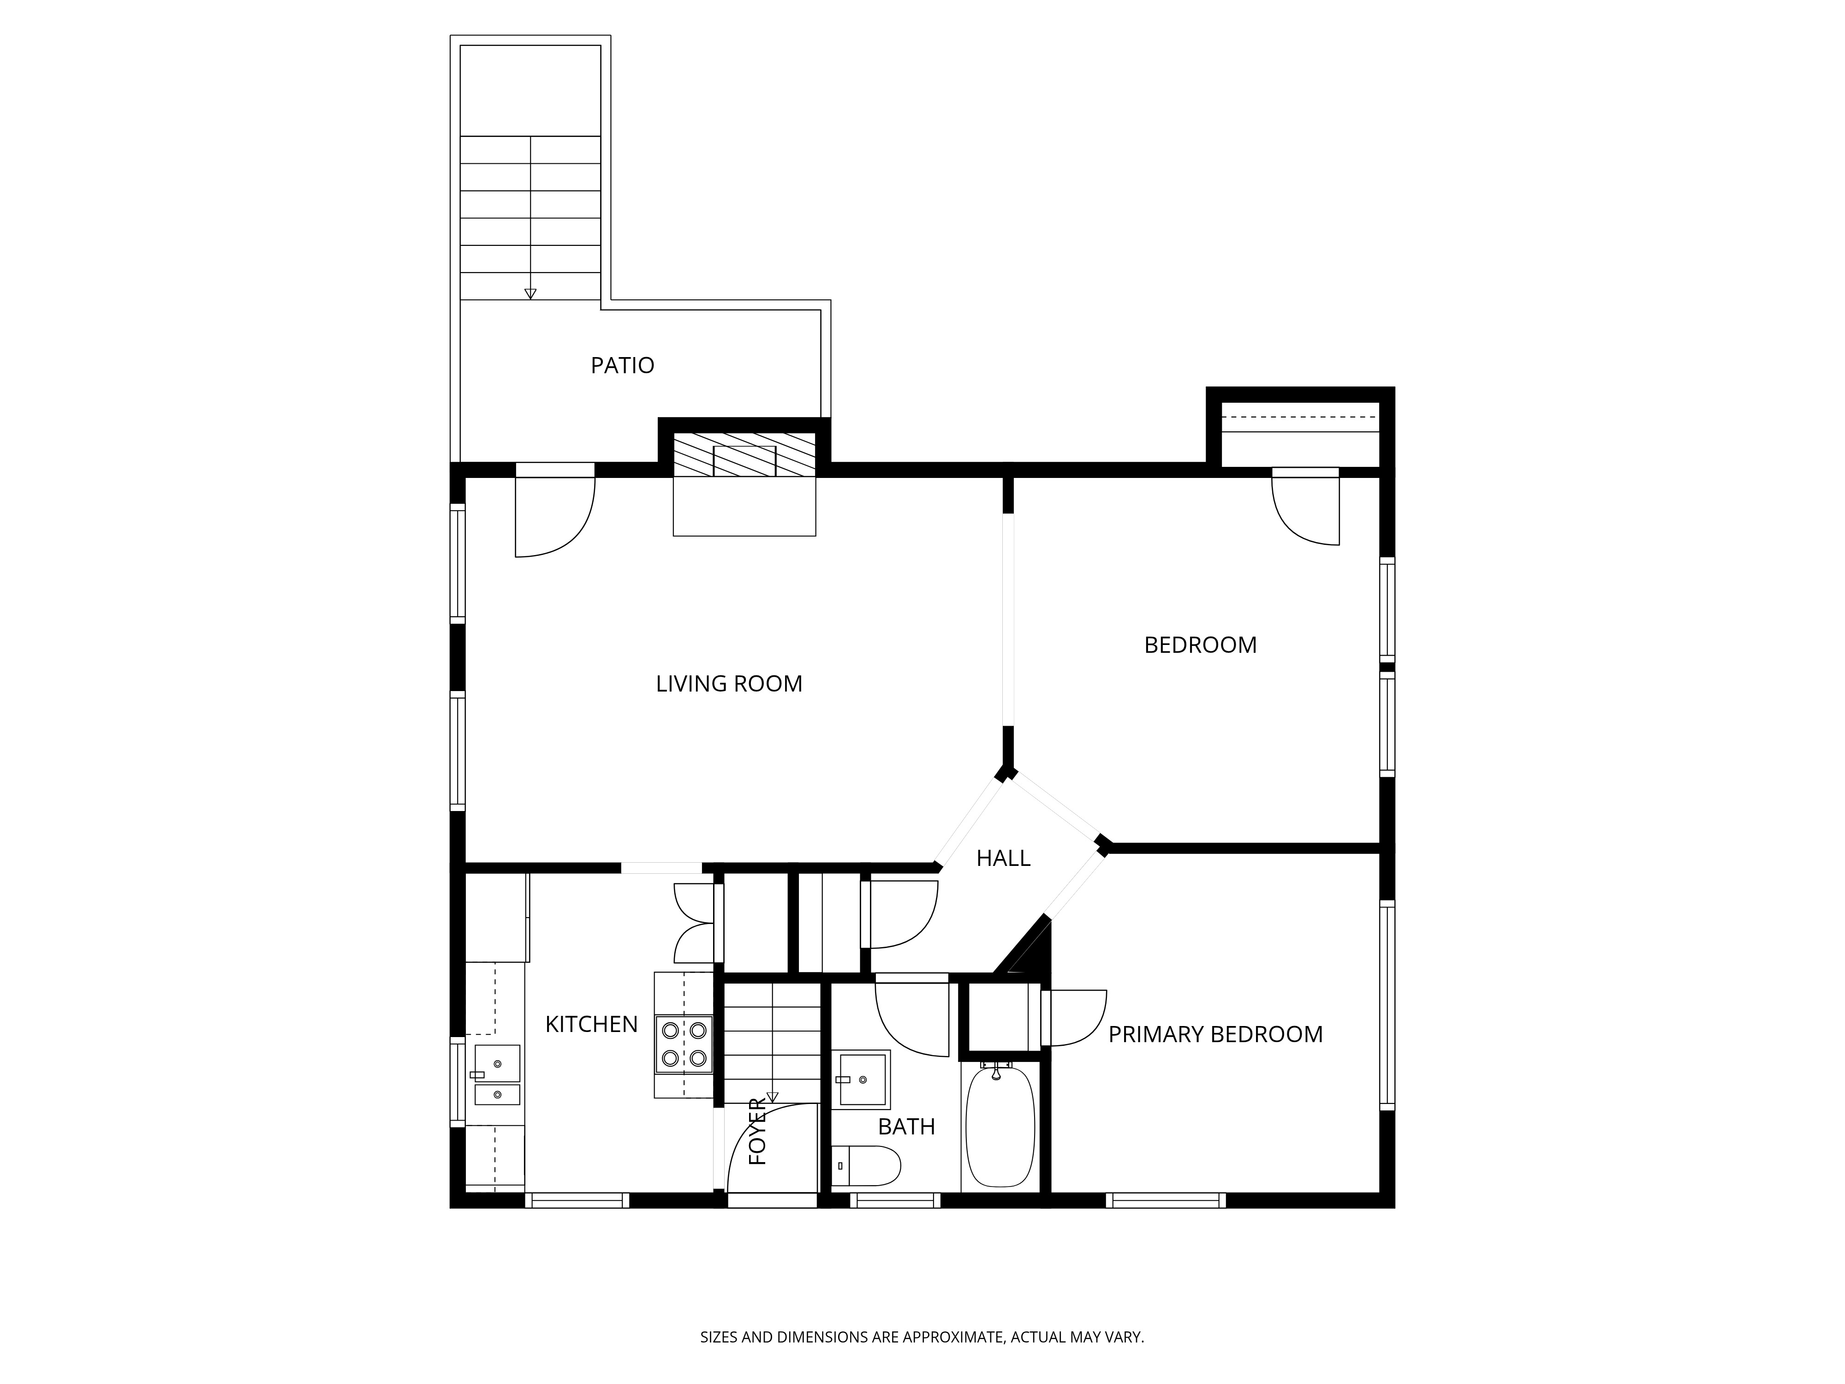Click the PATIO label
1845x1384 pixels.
622,365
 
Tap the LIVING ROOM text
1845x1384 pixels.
729,684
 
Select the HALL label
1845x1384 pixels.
1003,859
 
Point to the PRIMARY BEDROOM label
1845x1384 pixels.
1215,1034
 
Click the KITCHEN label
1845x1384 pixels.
591,1025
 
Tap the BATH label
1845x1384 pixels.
907,1127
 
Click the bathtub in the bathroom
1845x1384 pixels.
1000,1126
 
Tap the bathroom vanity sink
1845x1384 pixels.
862,1079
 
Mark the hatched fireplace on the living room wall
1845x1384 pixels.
744,455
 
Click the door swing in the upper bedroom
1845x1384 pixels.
1305,509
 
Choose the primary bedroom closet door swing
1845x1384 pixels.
1074,1018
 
